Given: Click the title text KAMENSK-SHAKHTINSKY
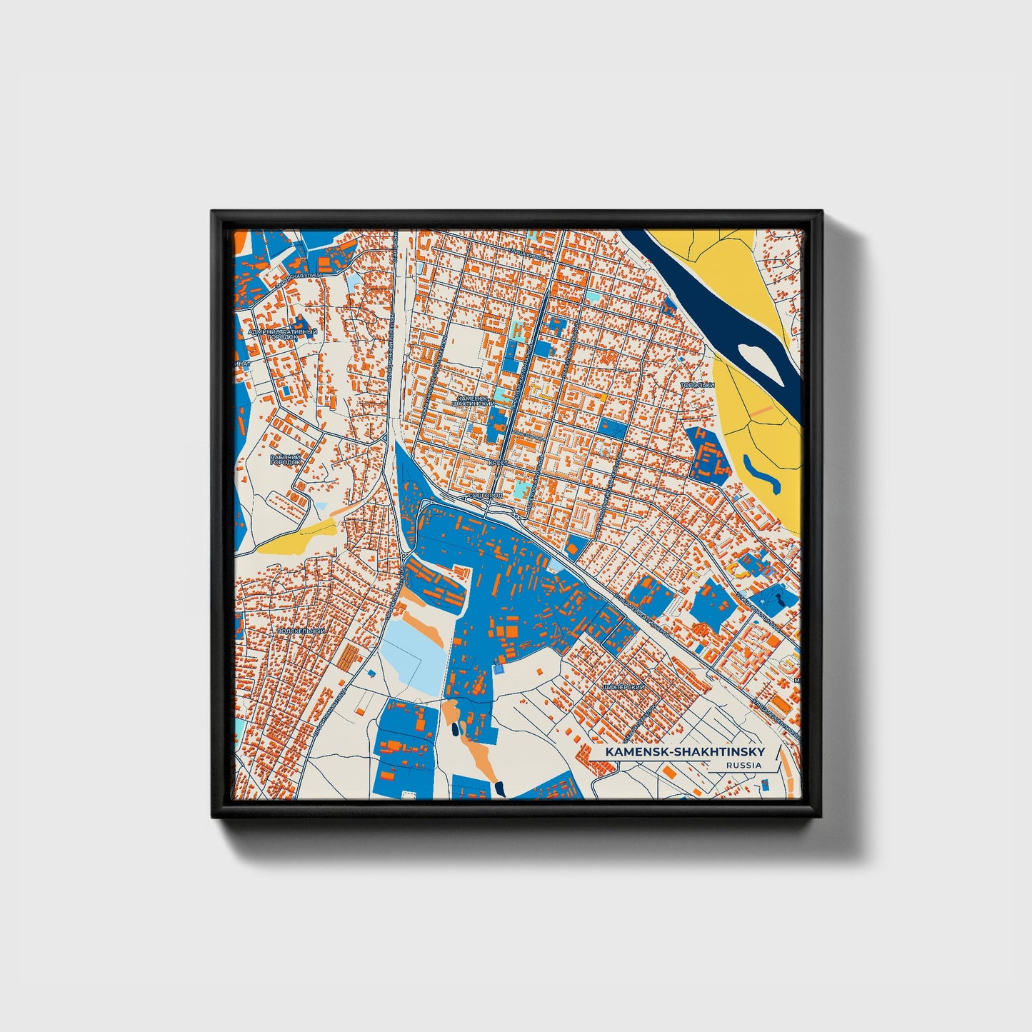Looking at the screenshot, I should pyautogui.click(x=684, y=752).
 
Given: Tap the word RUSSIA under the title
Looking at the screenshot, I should pyautogui.click(x=743, y=766).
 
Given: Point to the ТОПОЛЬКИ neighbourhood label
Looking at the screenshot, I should pyautogui.click(x=697, y=386).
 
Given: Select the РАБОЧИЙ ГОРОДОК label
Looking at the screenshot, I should pyautogui.click(x=286, y=459).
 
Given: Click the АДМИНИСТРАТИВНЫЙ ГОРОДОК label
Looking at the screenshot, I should pyautogui.click(x=281, y=335).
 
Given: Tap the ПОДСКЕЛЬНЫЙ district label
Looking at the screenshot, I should pyautogui.click(x=301, y=631).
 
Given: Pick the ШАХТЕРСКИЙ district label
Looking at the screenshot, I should pyautogui.click(x=623, y=686).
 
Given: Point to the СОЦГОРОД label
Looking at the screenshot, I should pyautogui.click(x=486, y=495).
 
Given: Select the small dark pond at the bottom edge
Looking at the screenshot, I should pyautogui.click(x=501, y=788).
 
